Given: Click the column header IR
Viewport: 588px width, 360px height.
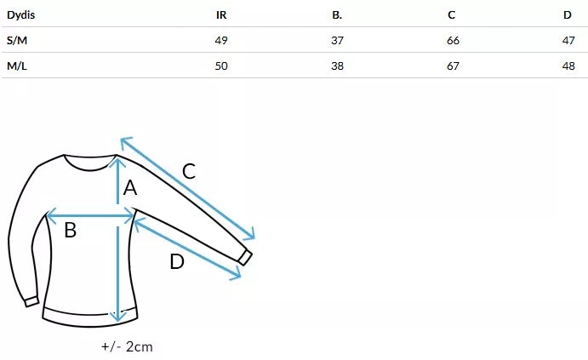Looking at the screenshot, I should (221, 14).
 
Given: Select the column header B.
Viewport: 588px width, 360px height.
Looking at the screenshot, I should (337, 14).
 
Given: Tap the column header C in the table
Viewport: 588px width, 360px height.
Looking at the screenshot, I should (452, 14).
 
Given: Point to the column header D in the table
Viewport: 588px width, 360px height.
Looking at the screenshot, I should (568, 14).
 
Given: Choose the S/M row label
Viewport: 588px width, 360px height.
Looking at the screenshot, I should (16, 40).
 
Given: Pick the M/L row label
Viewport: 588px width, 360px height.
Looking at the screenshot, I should (16, 66).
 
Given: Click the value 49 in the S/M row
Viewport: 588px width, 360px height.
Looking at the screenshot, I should (221, 40).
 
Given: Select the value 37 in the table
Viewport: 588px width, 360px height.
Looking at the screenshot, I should (337, 40).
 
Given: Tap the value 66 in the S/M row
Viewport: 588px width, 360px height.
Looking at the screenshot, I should (453, 40).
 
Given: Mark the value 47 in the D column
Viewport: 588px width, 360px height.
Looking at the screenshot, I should (568, 40).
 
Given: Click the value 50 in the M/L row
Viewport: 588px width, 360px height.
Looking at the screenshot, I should (221, 66).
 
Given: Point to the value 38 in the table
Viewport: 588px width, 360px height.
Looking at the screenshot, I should (337, 66).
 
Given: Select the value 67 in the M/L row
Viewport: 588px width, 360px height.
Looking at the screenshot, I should (453, 66).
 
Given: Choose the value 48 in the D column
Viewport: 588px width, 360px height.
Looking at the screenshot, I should (568, 66).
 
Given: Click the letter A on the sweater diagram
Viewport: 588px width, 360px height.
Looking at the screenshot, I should (130, 188).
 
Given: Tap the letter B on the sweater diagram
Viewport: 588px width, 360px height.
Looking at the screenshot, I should (71, 230).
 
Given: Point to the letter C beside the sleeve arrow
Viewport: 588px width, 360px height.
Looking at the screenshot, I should (189, 170).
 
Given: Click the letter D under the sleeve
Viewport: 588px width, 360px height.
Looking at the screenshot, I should (177, 261).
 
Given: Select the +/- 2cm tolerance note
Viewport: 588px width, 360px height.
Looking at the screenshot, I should (126, 346).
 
